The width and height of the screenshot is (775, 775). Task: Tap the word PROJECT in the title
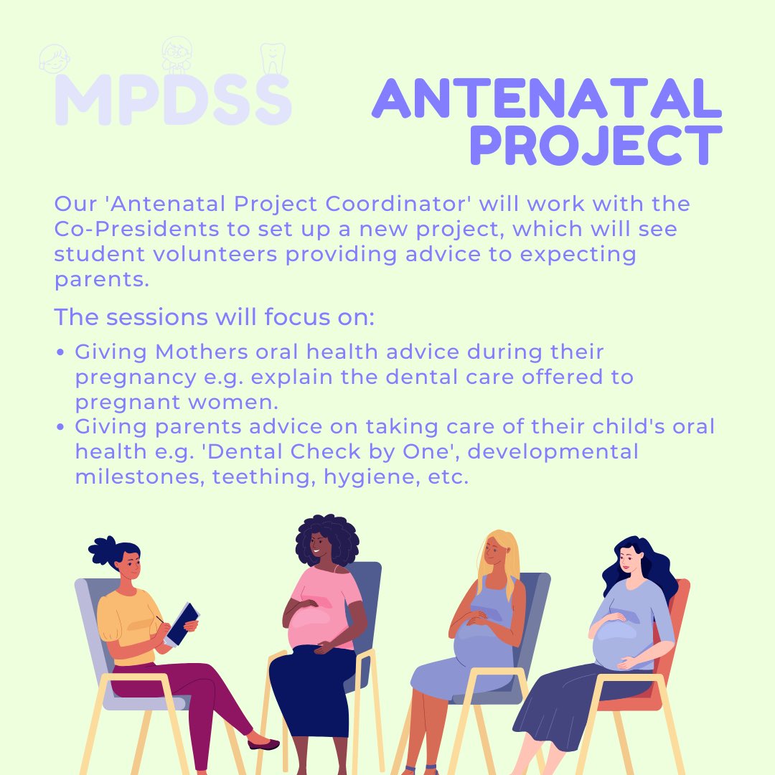point(596,146)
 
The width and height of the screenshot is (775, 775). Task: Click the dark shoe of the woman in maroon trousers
point(263,744)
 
